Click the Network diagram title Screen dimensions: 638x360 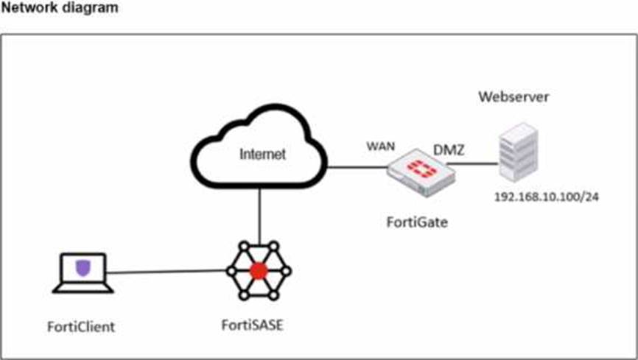(60, 7)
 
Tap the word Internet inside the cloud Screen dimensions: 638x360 (262, 154)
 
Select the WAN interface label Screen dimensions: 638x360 (380, 147)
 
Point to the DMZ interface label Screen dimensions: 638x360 (449, 150)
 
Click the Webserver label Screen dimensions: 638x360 (513, 97)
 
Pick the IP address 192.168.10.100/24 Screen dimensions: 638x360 (547, 197)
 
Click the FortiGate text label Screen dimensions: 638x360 (417, 222)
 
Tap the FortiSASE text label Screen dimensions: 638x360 (252, 325)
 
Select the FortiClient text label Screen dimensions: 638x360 (81, 327)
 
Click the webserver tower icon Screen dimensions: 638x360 (519, 152)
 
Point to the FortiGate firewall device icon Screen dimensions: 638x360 (421, 172)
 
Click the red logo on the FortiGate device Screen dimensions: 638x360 (422, 169)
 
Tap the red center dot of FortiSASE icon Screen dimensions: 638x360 (259, 271)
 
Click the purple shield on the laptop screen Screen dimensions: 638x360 (83, 268)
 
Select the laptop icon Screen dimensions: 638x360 (83, 273)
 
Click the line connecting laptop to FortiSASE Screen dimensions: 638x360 (166, 272)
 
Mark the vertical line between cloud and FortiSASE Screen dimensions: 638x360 (259, 216)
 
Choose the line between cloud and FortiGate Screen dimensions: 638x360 (357, 167)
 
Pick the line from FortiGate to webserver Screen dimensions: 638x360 (473, 164)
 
